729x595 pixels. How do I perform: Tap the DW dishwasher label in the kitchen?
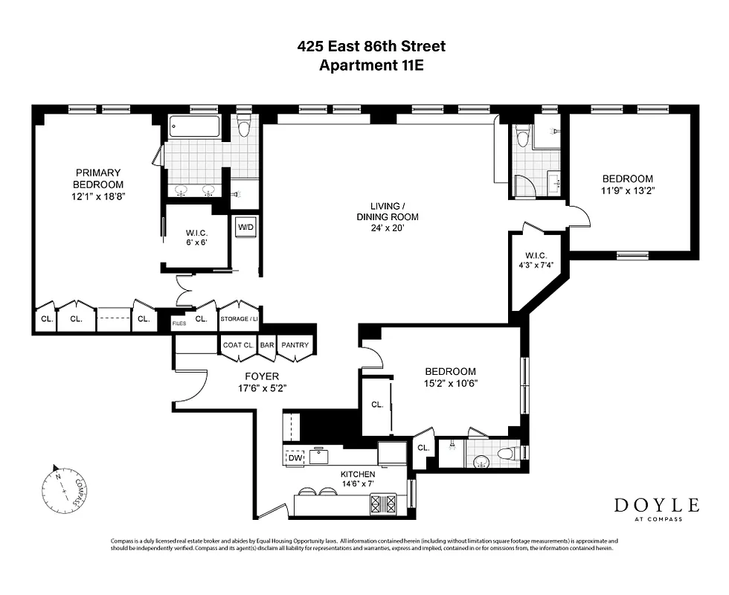296,457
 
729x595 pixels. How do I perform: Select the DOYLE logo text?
656,505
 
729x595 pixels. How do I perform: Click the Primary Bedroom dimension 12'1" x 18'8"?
98,197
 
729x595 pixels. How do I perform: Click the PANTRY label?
295,345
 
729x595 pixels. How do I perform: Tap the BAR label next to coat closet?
268,345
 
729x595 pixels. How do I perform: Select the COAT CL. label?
239,345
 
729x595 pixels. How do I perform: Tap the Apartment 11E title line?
371,65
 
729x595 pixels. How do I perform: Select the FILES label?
179,323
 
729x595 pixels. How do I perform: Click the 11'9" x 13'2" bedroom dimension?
628,190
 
